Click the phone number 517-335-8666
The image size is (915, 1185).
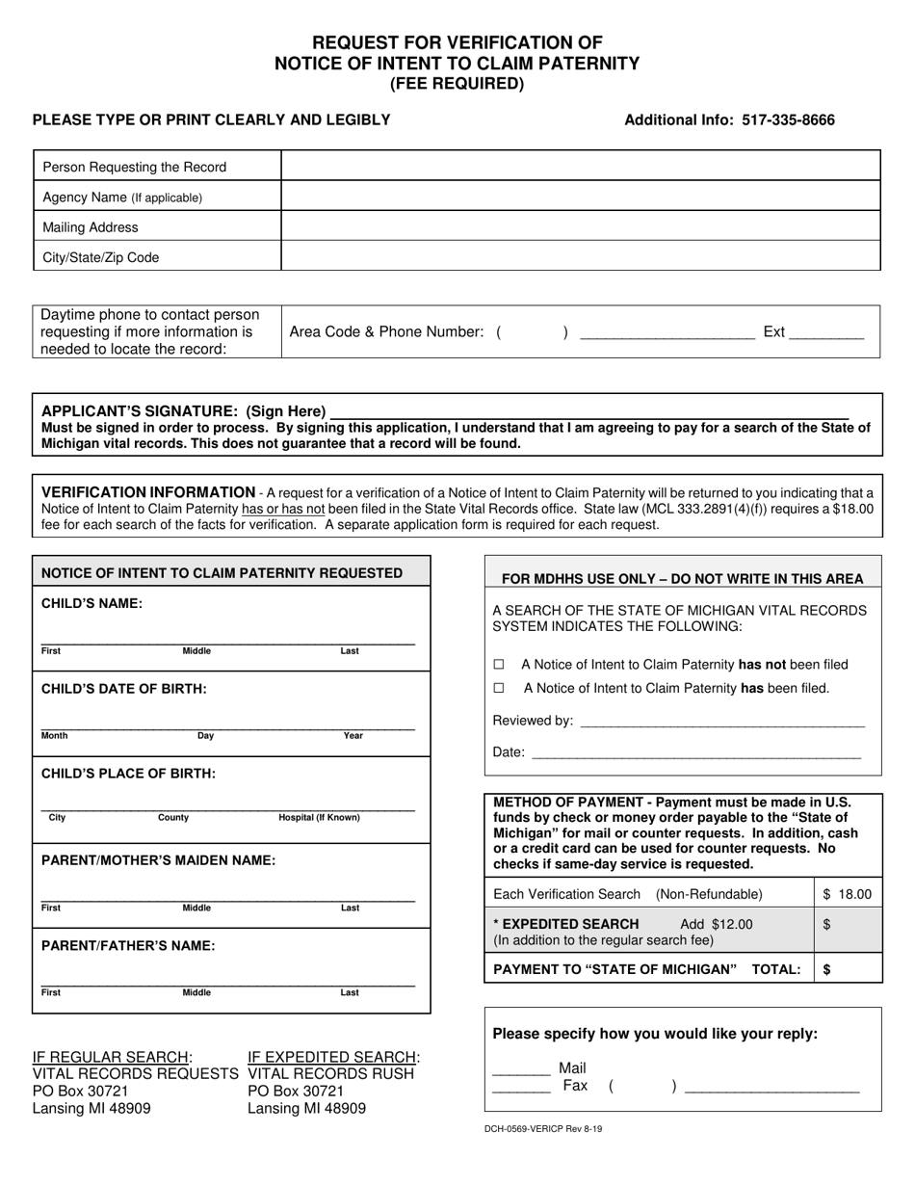788,120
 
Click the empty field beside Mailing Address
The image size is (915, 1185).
580,227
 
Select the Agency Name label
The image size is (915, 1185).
122,197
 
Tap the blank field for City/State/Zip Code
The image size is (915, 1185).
580,257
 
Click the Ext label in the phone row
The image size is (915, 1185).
773,332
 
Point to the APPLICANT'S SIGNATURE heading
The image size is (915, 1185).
183,411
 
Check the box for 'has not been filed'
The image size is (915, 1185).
499,665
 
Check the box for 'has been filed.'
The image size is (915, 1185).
499,689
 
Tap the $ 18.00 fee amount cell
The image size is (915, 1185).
848,894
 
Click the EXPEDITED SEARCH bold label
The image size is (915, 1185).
566,924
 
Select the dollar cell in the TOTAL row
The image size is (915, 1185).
848,969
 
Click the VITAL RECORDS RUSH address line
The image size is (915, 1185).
330,1073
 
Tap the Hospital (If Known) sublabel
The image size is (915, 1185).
319,818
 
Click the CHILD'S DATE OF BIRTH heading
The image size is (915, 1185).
123,689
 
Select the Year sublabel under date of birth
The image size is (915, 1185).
353,736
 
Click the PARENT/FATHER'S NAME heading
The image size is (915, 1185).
128,945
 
